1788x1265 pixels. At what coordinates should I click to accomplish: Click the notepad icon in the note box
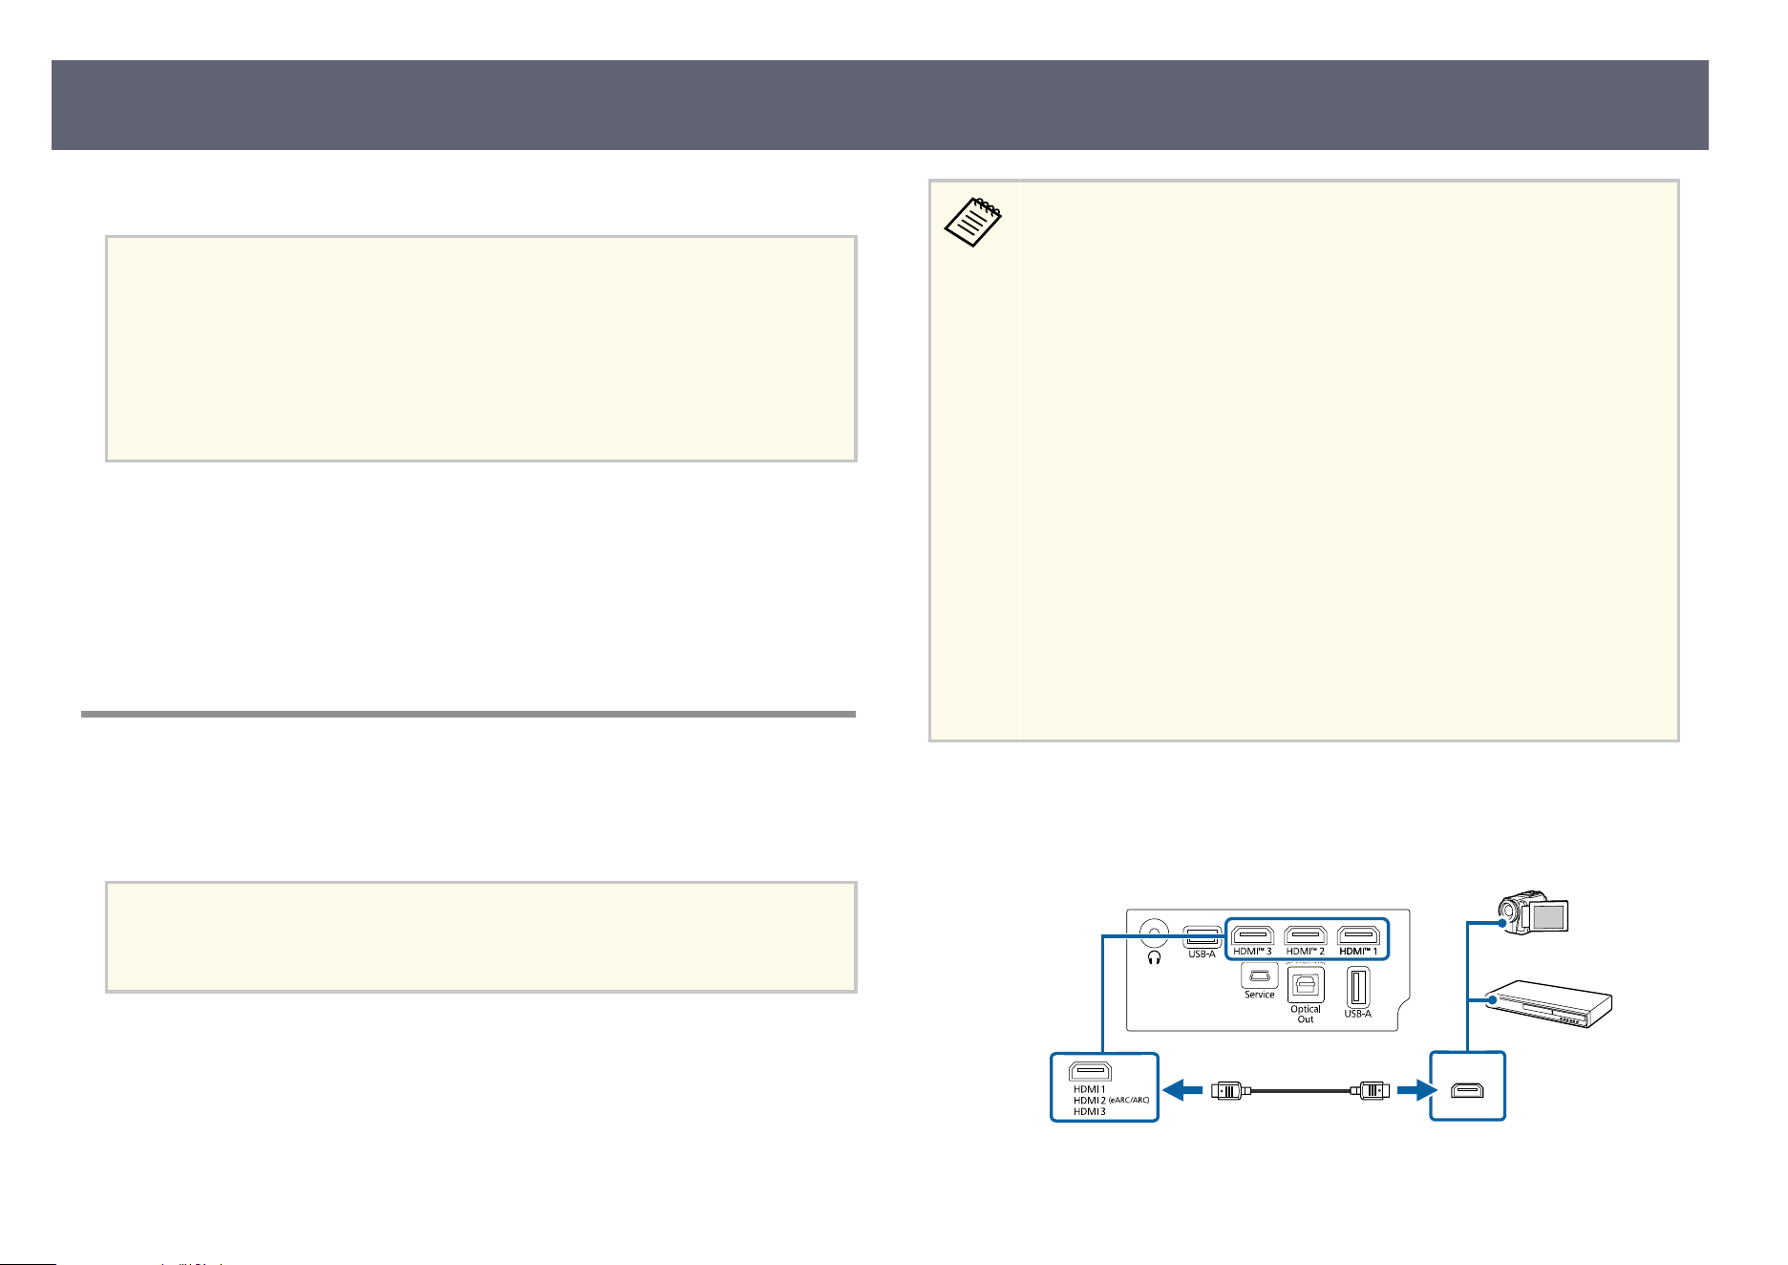pyautogui.click(x=973, y=222)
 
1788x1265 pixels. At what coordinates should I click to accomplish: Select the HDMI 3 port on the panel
pyautogui.click(x=1252, y=934)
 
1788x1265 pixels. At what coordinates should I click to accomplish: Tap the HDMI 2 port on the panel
pyautogui.click(x=1305, y=934)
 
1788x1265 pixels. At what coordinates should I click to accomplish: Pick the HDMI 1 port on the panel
pyautogui.click(x=1357, y=934)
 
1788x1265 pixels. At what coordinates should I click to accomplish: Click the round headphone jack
pyautogui.click(x=1155, y=933)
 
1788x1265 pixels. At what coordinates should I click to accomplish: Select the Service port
pyautogui.click(x=1259, y=976)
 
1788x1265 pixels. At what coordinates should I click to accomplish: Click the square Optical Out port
pyautogui.click(x=1306, y=985)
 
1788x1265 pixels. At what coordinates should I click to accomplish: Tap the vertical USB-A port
pyautogui.click(x=1357, y=987)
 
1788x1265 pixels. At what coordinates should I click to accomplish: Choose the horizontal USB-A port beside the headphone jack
pyautogui.click(x=1202, y=936)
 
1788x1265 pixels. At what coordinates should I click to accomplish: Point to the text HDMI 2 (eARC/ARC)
pyautogui.click(x=1111, y=1101)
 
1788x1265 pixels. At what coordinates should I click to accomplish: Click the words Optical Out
pyautogui.click(x=1306, y=1014)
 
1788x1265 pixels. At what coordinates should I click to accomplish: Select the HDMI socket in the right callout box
pyautogui.click(x=1467, y=1089)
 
